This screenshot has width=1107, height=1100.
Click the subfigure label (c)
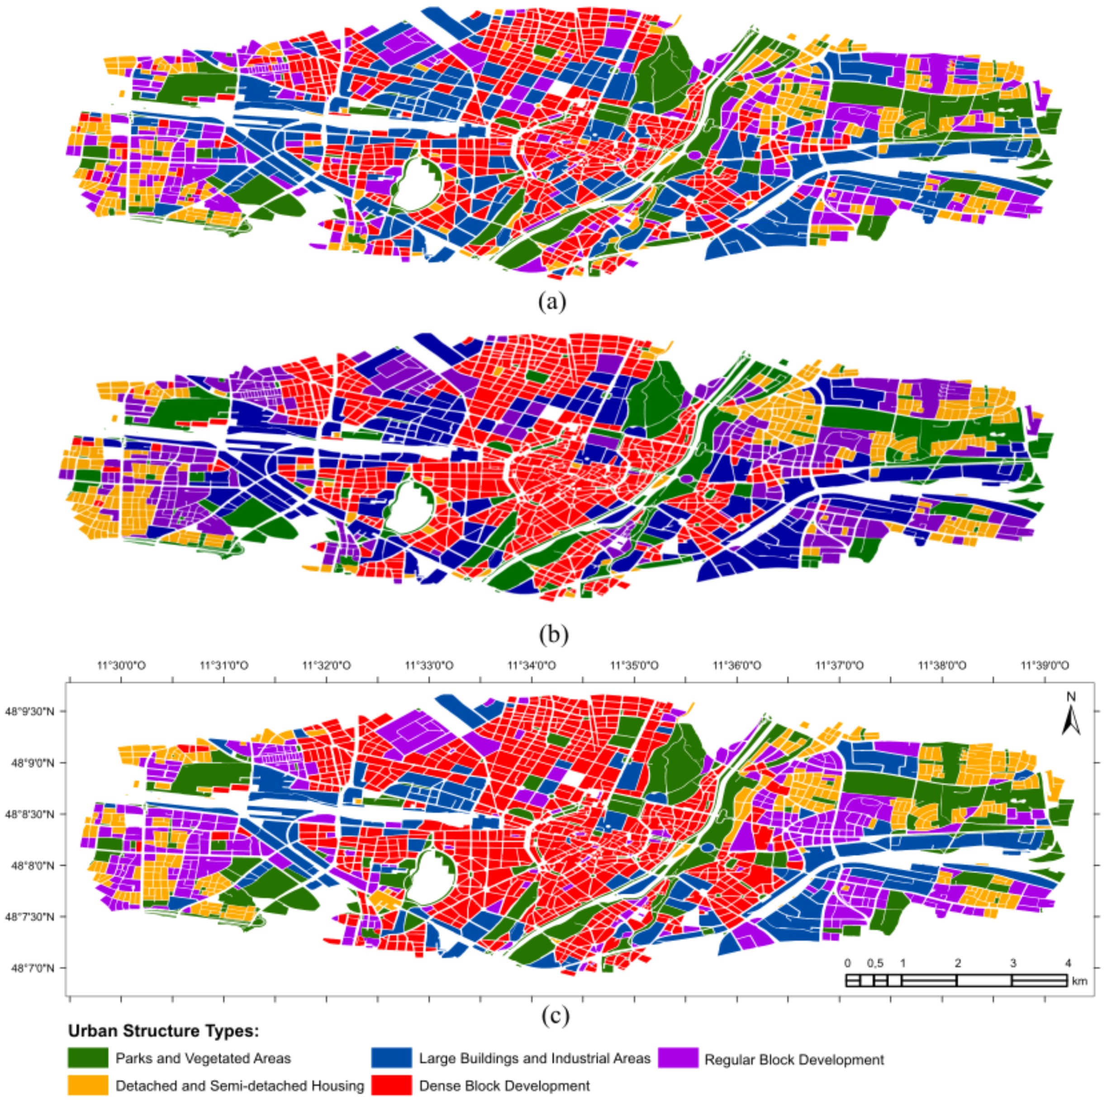[x=555, y=1016]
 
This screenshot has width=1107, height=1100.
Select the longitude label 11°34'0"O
[x=531, y=666]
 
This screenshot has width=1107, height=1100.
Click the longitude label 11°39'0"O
[x=1045, y=666]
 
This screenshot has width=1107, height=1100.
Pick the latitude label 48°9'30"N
[x=36, y=712]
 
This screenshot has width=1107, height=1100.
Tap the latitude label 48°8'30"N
[x=36, y=814]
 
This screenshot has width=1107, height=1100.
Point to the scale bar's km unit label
[x=1079, y=981]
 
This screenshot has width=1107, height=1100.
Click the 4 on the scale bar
[x=1067, y=963]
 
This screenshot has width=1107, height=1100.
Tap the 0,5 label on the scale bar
[x=875, y=963]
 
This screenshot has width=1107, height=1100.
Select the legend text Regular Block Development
[x=794, y=1059]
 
